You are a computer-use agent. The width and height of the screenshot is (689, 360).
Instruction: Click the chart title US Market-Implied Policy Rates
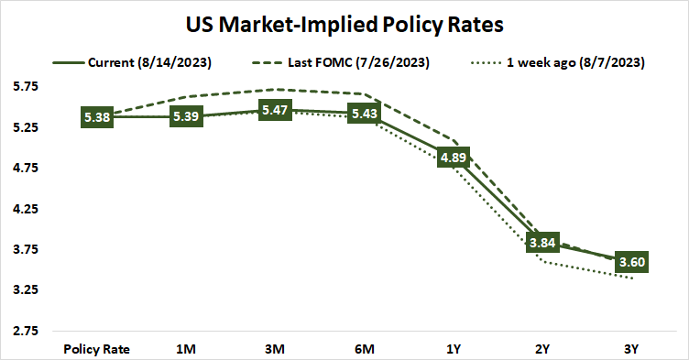click(344, 20)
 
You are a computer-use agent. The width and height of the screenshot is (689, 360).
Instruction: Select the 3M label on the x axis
click(274, 349)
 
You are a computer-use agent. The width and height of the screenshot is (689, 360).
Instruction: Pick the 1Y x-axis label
click(453, 349)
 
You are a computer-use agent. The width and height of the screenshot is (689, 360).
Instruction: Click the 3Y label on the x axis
click(630, 349)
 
